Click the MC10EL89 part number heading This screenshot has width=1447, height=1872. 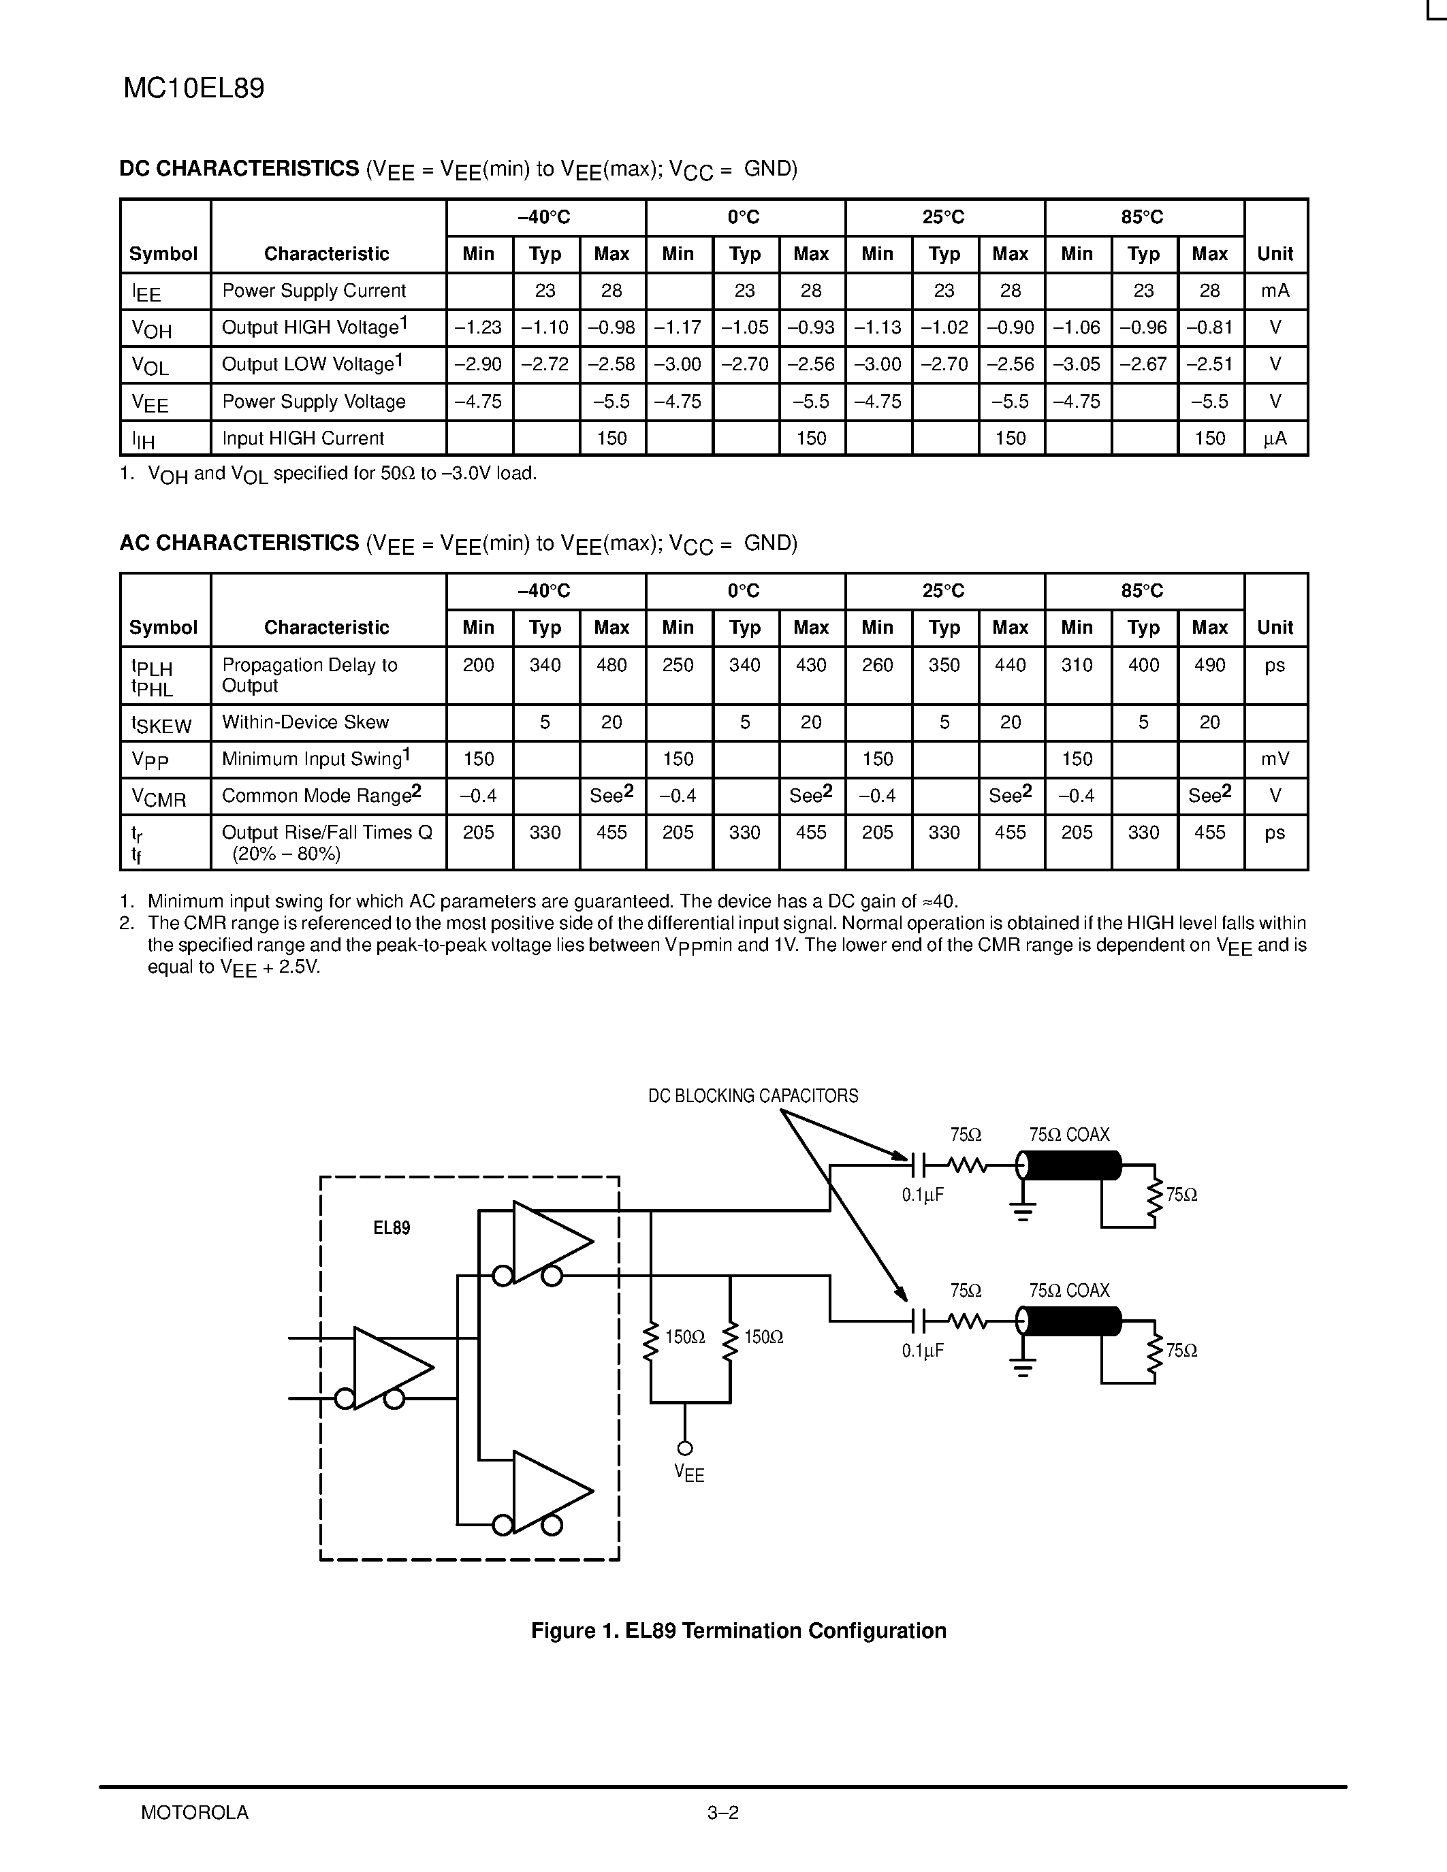194,88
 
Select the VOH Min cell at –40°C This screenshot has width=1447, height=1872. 478,327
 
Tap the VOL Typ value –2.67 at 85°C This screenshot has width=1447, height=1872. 1143,364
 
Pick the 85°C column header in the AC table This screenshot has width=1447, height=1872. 1143,592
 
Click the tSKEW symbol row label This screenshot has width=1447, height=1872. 161,724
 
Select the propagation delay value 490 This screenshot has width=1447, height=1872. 1209,665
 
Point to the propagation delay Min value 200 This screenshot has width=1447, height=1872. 478,665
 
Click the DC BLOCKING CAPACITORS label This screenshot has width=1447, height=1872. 752,1096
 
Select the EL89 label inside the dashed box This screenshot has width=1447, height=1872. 392,1228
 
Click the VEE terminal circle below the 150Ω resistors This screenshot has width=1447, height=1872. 685,1449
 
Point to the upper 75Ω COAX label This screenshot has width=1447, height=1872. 1069,1135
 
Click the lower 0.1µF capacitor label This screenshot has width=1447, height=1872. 923,1351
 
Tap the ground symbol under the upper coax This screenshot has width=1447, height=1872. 1022,1210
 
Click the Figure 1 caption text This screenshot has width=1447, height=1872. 738,1630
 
